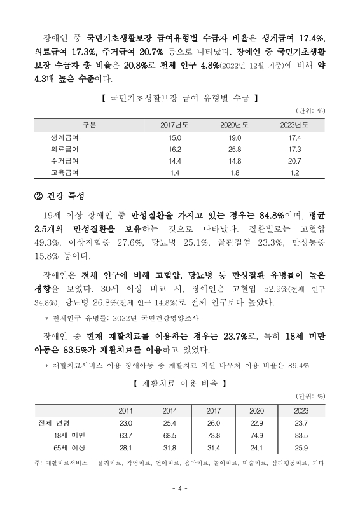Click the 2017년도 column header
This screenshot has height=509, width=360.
coord(174,124)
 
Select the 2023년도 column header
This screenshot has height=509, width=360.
coord(294,124)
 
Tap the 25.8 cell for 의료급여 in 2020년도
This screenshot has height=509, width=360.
coord(235,149)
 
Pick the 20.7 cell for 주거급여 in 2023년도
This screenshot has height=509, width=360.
coord(294,161)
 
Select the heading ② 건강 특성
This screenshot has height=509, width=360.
coord(60,195)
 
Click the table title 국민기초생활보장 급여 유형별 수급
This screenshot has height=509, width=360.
coord(179,99)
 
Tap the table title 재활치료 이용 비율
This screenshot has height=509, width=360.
coord(179,385)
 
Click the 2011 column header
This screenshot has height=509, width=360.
coord(126,410)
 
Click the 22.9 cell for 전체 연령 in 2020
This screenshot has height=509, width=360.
coord(256,423)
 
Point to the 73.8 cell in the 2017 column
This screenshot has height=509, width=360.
coord(213,435)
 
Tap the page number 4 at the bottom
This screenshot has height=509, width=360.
coord(180,489)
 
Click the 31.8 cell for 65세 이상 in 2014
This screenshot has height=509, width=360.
coord(169,447)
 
